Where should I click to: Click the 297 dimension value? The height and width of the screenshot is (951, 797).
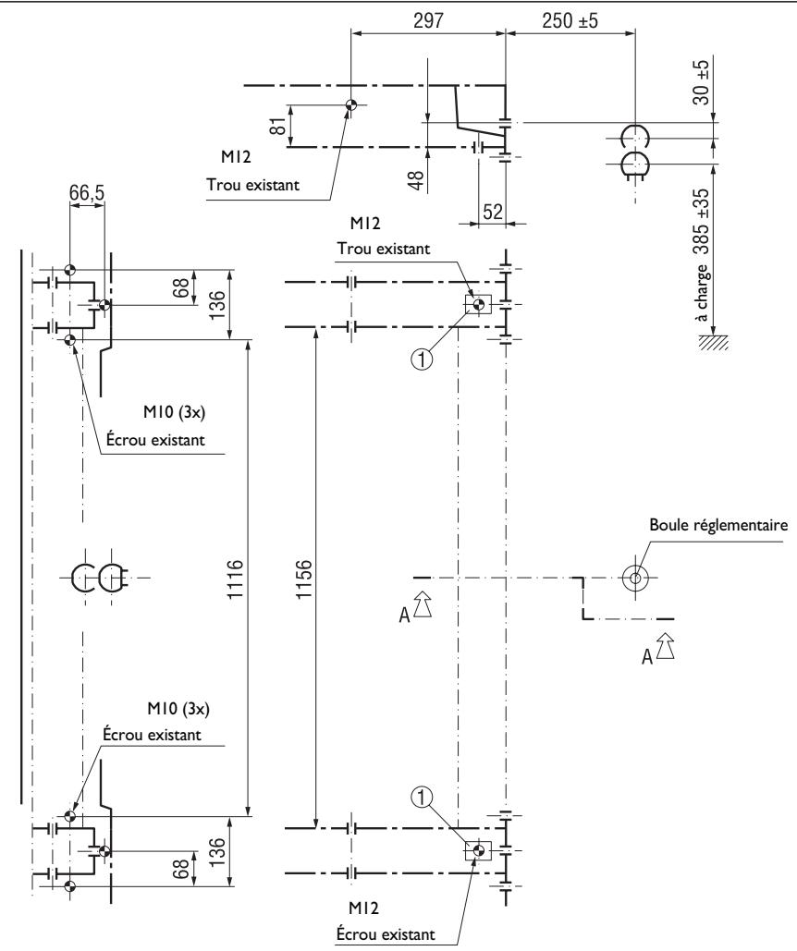point(429,20)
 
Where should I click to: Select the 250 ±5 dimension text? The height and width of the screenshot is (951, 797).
point(570,20)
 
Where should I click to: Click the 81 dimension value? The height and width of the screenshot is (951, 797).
point(277,126)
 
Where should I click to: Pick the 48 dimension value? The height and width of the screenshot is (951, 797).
point(417,180)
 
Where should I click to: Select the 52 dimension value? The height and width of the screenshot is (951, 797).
point(493,211)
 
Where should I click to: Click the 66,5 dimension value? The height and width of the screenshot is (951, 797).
point(87,192)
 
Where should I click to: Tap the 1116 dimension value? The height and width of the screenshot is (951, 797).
point(235,579)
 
